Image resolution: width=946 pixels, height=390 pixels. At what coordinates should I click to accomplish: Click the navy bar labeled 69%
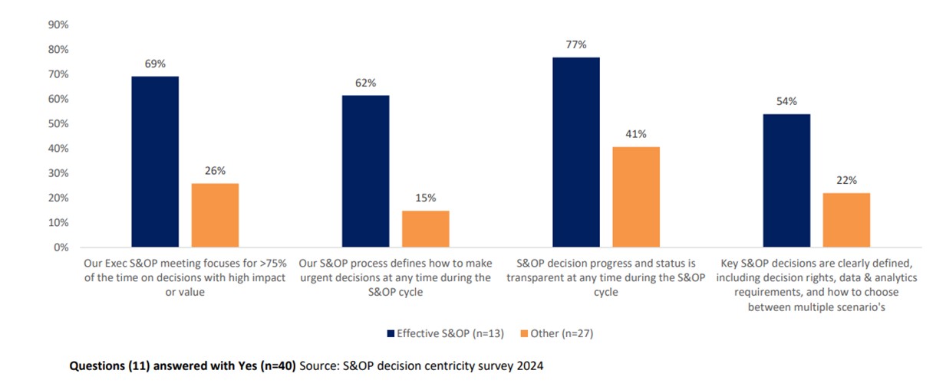[155, 162]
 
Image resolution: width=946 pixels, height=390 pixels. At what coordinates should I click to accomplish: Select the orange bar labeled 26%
[216, 215]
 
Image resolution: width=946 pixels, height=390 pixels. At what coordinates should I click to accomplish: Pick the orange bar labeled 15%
[426, 229]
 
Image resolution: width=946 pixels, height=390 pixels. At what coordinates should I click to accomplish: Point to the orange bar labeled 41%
[637, 197]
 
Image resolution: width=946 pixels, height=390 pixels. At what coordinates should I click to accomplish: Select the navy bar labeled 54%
[786, 181]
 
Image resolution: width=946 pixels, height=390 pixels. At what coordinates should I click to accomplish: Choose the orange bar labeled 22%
[847, 220]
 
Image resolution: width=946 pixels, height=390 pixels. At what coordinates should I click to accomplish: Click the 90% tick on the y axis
[58, 25]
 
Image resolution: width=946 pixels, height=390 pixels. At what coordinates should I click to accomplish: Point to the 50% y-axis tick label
[58, 123]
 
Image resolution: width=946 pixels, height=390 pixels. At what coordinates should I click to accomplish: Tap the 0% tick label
[61, 247]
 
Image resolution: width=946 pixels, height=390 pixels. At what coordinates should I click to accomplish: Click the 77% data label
[576, 44]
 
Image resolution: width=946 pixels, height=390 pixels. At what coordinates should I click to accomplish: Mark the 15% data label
[426, 198]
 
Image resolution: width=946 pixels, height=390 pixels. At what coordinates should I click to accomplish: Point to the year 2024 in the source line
[529, 366]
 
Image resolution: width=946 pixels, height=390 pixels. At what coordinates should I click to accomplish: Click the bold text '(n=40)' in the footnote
[279, 366]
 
